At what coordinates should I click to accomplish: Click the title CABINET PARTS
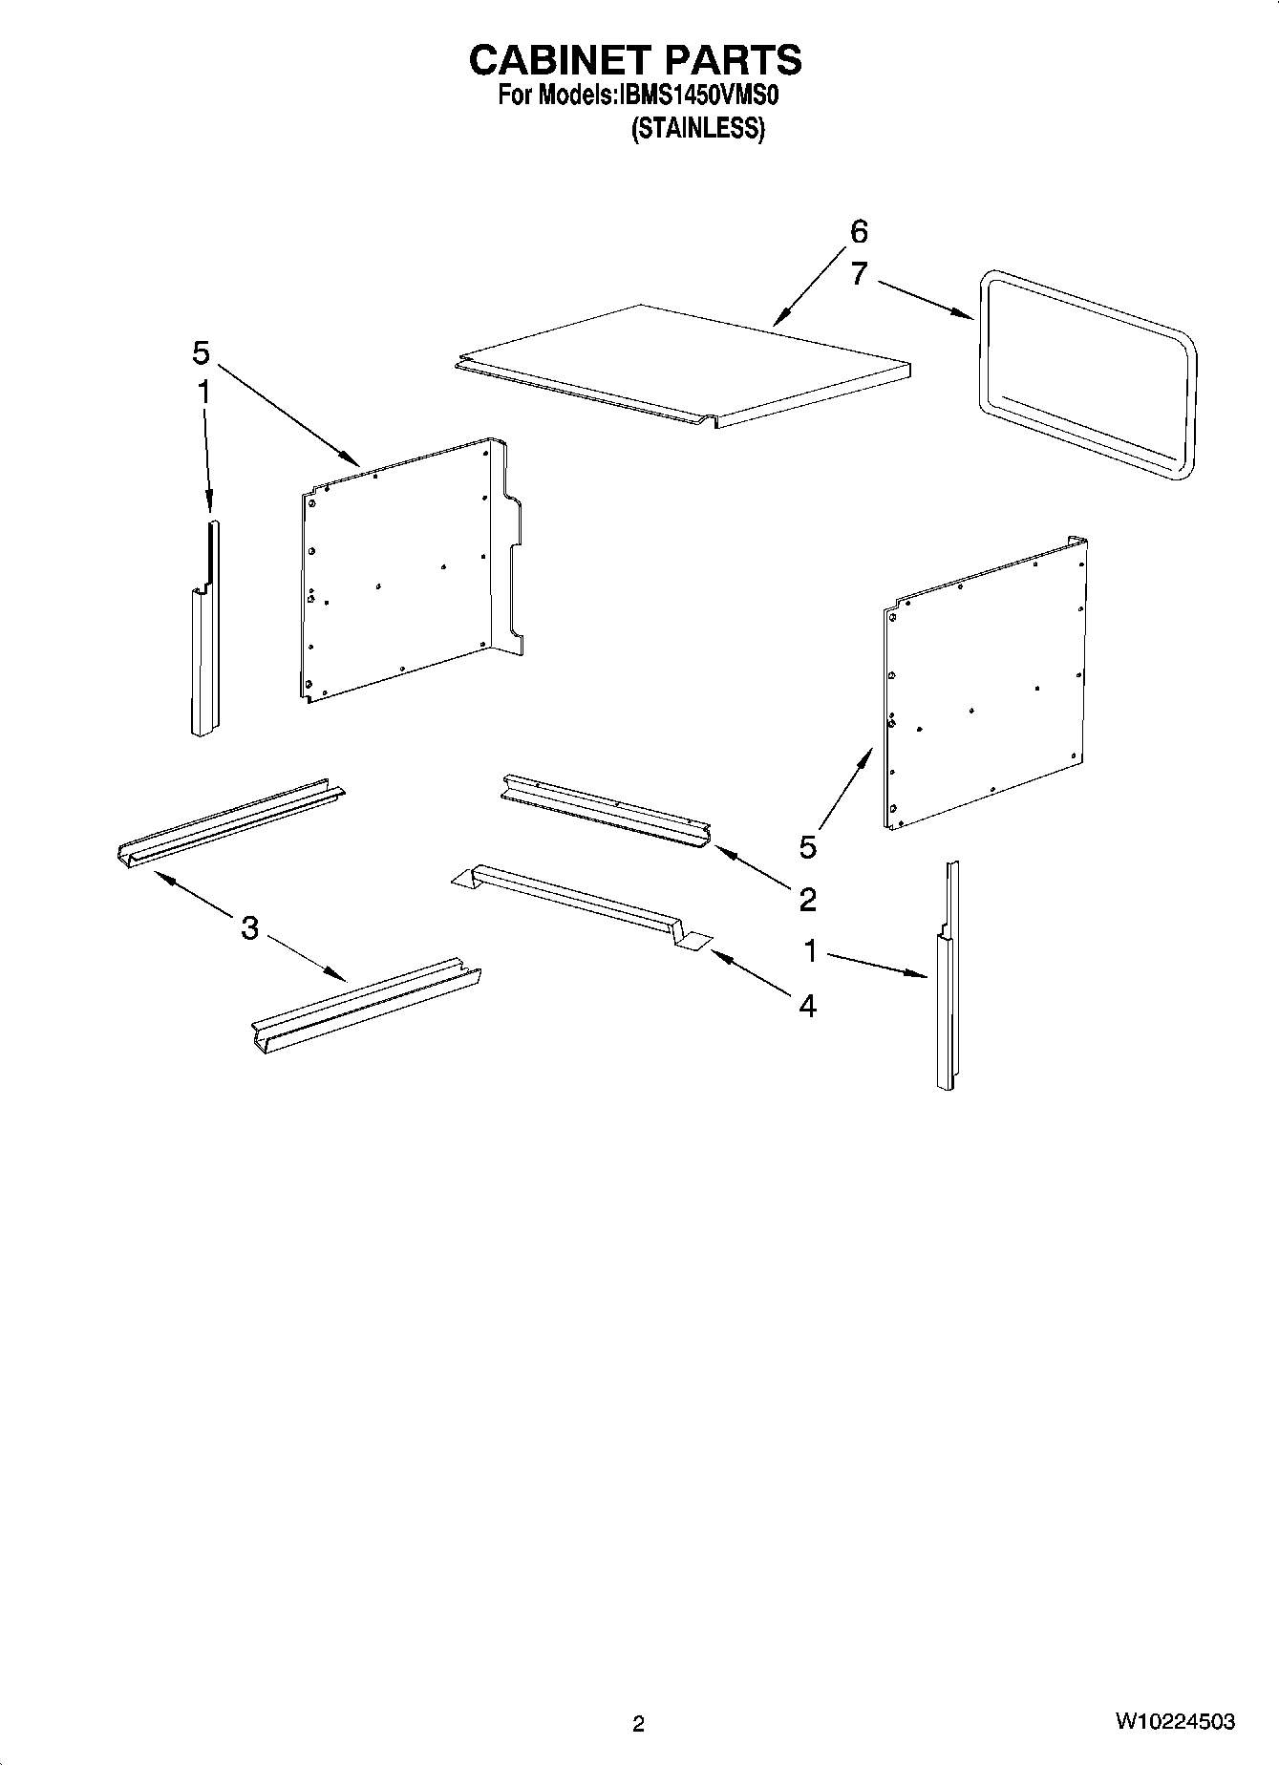click(x=634, y=60)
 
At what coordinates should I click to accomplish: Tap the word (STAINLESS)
click(x=697, y=128)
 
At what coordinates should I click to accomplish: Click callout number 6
click(x=858, y=232)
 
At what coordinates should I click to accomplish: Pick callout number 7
click(x=858, y=274)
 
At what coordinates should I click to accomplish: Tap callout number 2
click(x=807, y=899)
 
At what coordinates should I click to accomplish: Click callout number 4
click(x=807, y=1005)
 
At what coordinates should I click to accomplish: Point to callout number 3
click(x=249, y=927)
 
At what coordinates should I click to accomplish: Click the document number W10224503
click(x=1174, y=1722)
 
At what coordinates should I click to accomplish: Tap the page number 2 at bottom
click(x=638, y=1724)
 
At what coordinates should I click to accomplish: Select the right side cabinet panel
click(x=984, y=683)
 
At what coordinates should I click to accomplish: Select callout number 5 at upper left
click(x=200, y=353)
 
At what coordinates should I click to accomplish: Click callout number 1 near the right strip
click(x=810, y=951)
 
